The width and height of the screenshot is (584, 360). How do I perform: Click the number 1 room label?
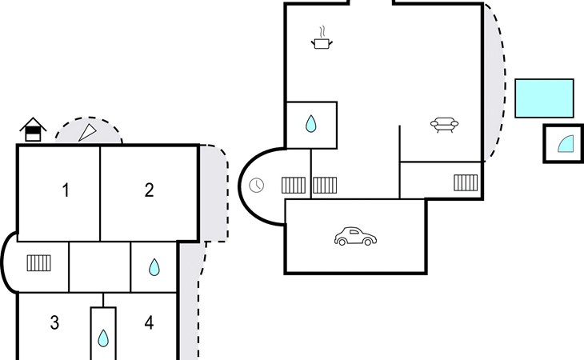66,190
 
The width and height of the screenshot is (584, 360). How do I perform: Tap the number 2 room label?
149,190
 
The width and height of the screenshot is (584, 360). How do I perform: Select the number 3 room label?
54,323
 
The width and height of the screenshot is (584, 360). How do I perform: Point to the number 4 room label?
149,323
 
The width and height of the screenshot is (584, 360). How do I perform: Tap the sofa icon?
444,124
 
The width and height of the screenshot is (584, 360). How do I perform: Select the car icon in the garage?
355,237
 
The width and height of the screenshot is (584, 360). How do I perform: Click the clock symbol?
256,186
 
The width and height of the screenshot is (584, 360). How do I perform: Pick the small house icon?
33,129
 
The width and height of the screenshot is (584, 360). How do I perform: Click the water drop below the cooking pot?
311,124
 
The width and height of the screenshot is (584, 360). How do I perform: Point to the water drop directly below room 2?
154,267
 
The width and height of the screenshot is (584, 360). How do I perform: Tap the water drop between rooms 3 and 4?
103,338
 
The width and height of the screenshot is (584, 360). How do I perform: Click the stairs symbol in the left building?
39,262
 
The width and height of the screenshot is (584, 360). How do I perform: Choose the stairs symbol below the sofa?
466,182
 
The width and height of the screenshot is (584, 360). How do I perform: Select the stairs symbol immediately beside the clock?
294,186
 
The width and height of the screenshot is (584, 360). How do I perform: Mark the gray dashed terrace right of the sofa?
494,88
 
